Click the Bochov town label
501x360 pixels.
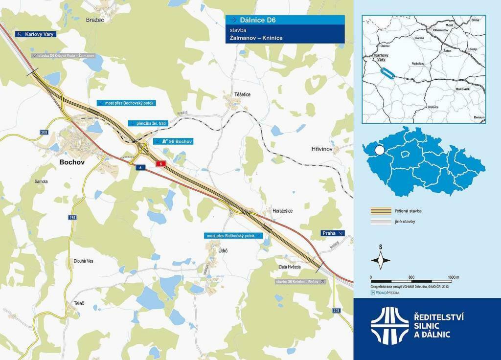click(x=71, y=162)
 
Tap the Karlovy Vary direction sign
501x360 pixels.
click(x=35, y=34)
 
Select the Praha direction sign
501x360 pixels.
click(x=333, y=233)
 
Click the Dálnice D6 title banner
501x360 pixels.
click(x=285, y=20)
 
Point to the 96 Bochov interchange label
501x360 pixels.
click(x=173, y=141)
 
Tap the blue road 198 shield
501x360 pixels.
click(x=72, y=217)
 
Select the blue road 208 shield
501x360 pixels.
click(x=45, y=133)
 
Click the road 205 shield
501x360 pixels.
click(x=336, y=311)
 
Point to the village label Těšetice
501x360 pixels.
click(x=242, y=94)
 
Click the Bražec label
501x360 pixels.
click(x=95, y=20)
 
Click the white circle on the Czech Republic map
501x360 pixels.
click(x=379, y=150)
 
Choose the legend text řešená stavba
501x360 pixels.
click(x=408, y=211)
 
